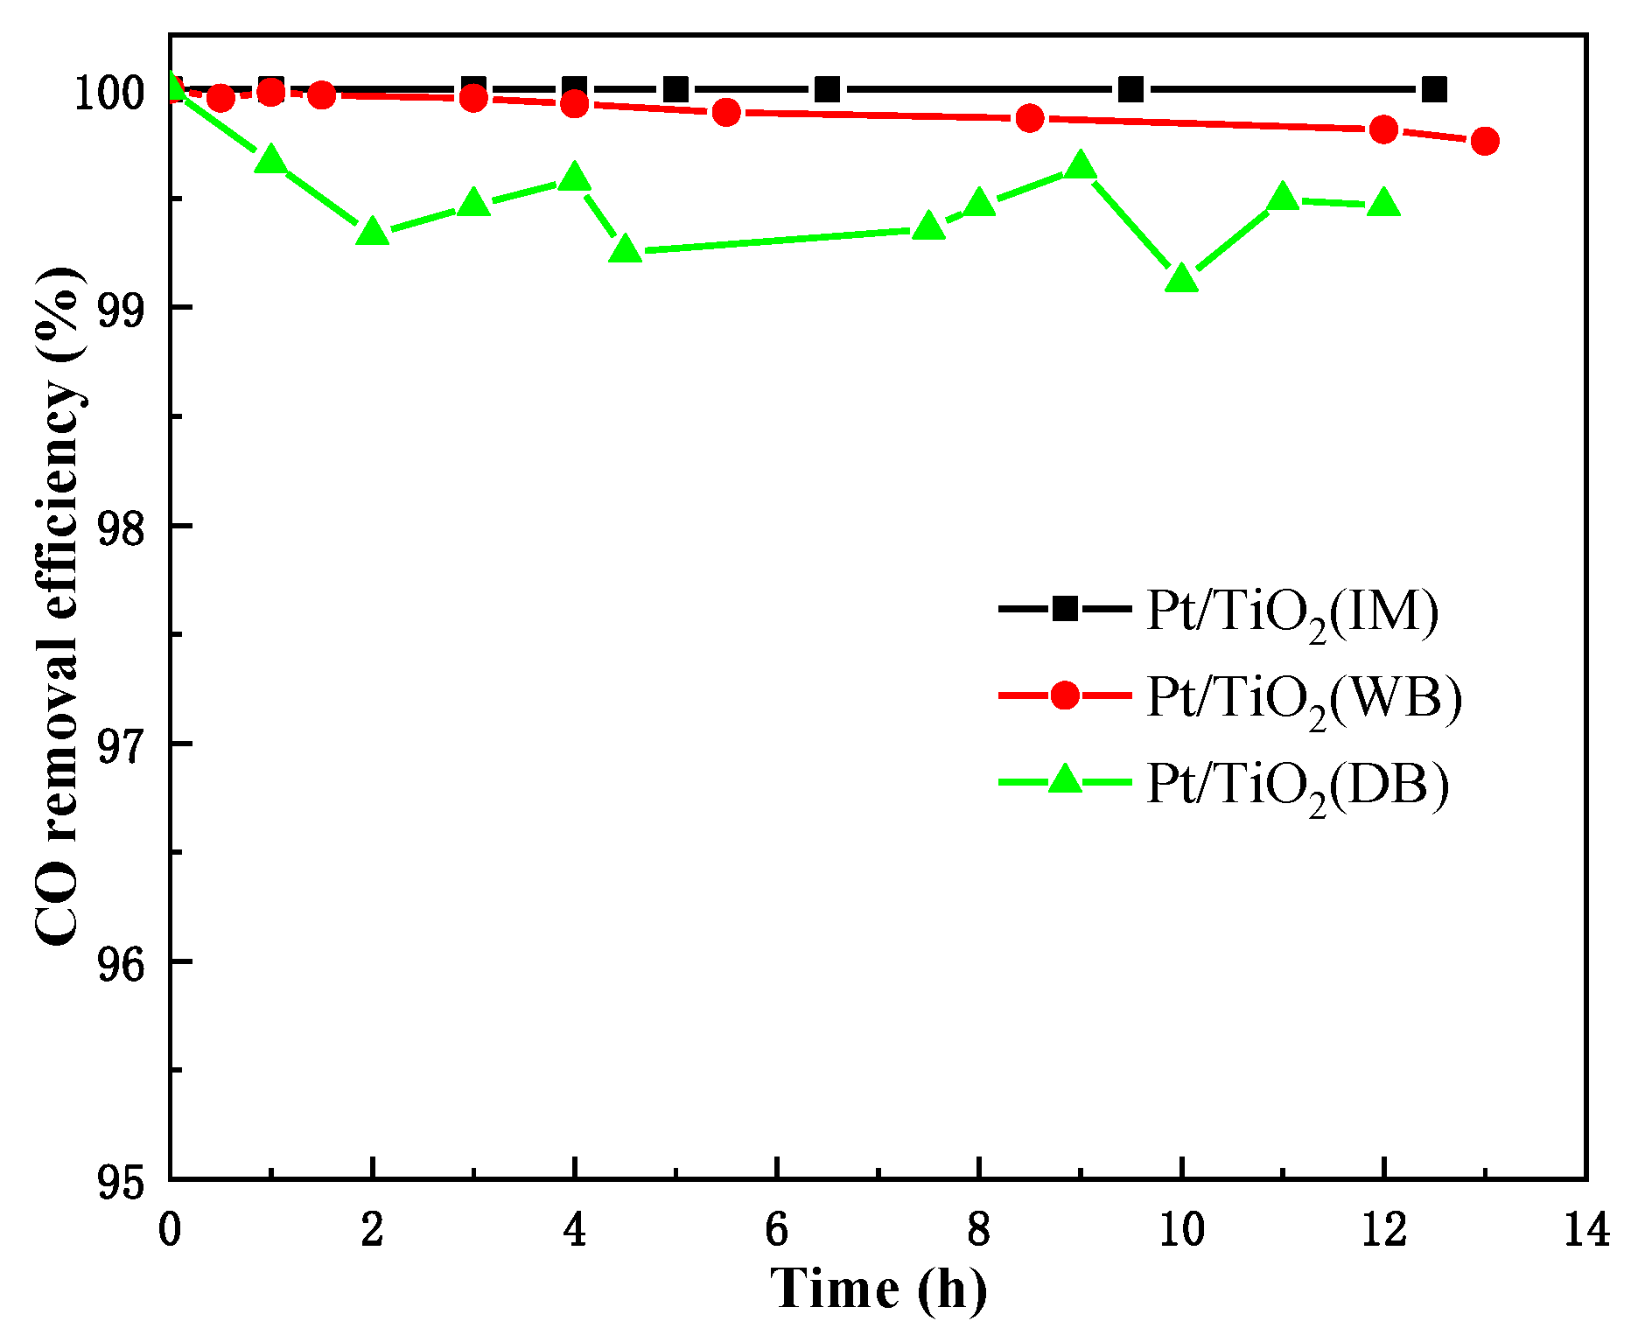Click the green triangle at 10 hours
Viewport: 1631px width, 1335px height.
[x=1181, y=279]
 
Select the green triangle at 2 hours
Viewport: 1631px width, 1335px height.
[x=373, y=232]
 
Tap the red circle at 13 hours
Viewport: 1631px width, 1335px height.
[x=1485, y=141]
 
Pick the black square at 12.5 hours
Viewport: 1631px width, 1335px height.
[x=1434, y=89]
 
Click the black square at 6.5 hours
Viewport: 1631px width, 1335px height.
[x=827, y=89]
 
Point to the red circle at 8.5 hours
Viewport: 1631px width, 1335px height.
[x=1030, y=118]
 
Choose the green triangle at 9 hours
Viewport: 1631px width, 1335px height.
[x=1081, y=164]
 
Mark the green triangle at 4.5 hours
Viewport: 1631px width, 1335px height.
[x=625, y=250]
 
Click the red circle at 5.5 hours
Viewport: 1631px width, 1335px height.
[x=726, y=112]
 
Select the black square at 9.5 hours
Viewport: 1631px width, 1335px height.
[x=1130, y=89]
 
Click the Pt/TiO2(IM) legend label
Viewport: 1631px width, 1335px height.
[x=1292, y=612]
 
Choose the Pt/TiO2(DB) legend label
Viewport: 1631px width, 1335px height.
[x=1298, y=784]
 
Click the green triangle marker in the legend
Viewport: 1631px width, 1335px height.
[x=1065, y=779]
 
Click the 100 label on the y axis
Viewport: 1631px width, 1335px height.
[x=108, y=93]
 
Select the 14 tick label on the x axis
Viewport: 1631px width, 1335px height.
[x=1585, y=1229]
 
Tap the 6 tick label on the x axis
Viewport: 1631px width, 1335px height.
[x=776, y=1229]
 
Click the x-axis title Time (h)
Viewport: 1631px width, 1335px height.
[x=878, y=1289]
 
